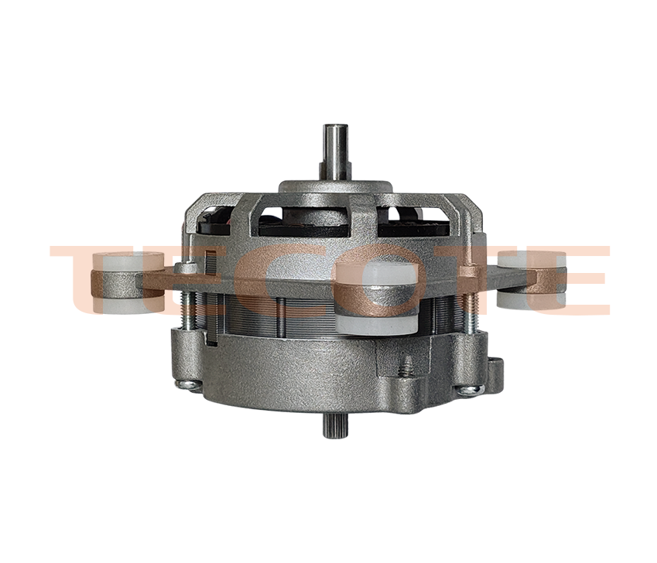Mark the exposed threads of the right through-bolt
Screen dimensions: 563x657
pos(467,317)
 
